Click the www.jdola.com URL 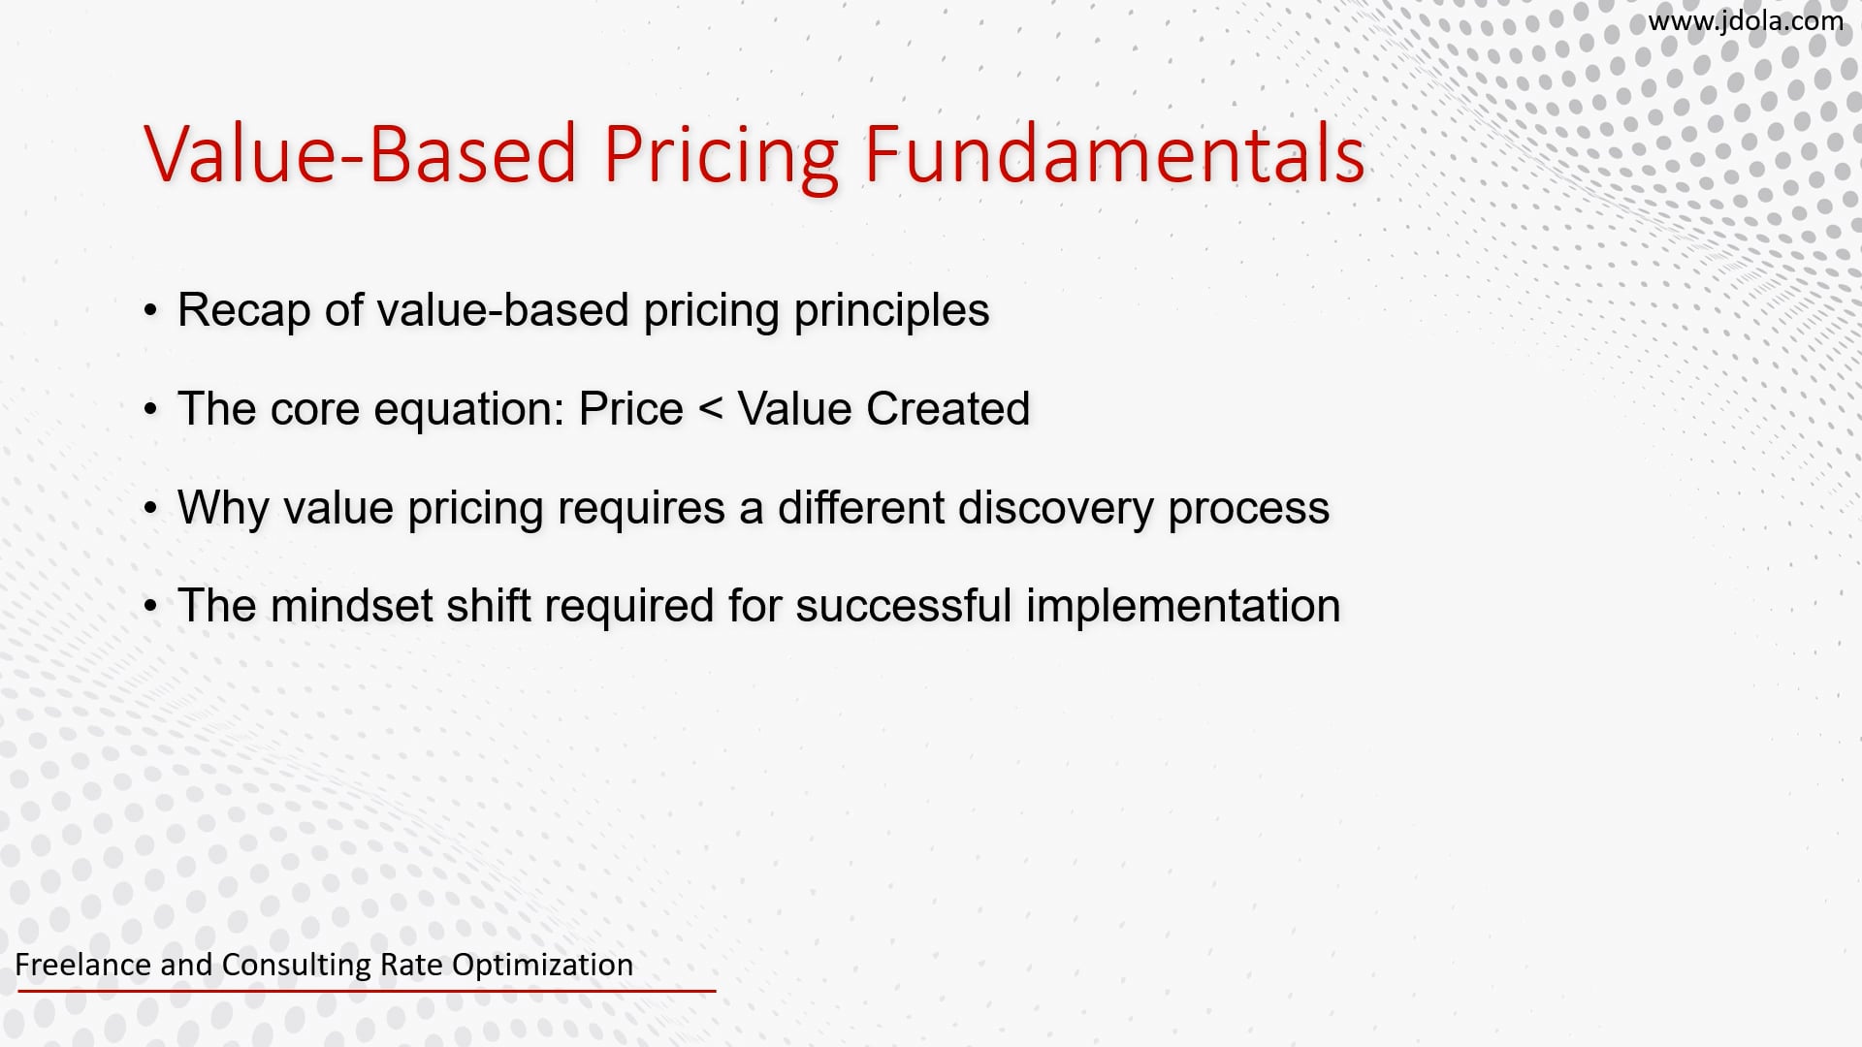(x=1745, y=21)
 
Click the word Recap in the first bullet (x=242, y=310)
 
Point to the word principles (x=891, y=310)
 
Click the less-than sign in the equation (x=710, y=409)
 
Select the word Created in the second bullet (x=947, y=408)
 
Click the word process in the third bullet (x=1248, y=507)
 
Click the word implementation (x=1183, y=605)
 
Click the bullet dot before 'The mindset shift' (x=150, y=607)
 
